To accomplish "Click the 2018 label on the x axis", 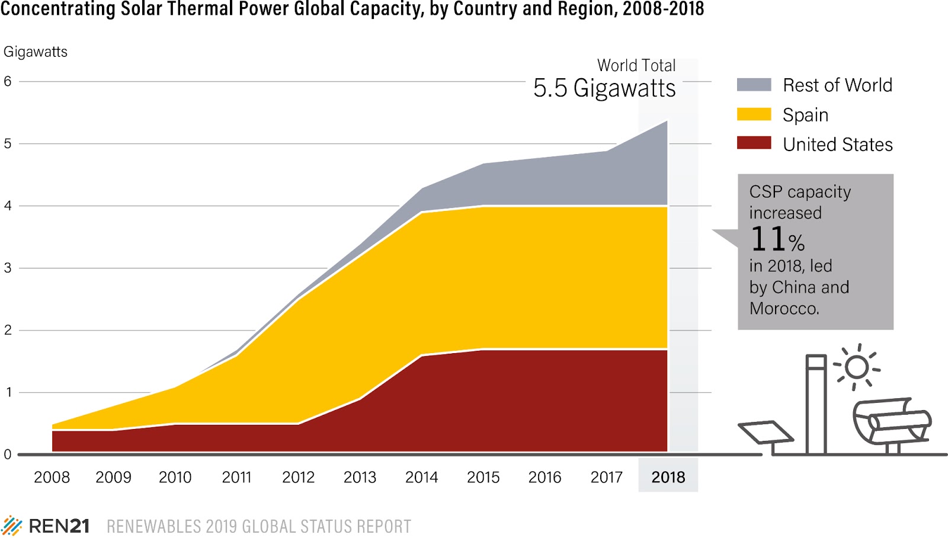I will click(x=668, y=477).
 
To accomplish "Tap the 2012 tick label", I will click(x=298, y=477).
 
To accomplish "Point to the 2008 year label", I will click(x=52, y=477).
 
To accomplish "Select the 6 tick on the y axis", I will click(x=8, y=81).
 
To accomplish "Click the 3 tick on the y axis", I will click(x=8, y=268).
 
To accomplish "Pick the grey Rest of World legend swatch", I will click(x=754, y=85).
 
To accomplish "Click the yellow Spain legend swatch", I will click(x=754, y=114).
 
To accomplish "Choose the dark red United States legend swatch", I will click(x=754, y=143).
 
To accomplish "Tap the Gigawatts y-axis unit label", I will click(x=36, y=52).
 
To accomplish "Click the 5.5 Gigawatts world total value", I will click(x=604, y=88).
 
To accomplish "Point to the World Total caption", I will click(x=636, y=65).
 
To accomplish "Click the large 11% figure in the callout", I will click(x=777, y=239).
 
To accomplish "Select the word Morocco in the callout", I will click(x=784, y=309).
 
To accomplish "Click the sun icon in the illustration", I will click(x=857, y=367).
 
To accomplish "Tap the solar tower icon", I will click(x=816, y=403).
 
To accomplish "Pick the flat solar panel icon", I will click(x=766, y=433).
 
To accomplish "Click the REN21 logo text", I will click(x=59, y=526).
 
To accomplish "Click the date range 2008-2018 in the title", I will click(x=663, y=9).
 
